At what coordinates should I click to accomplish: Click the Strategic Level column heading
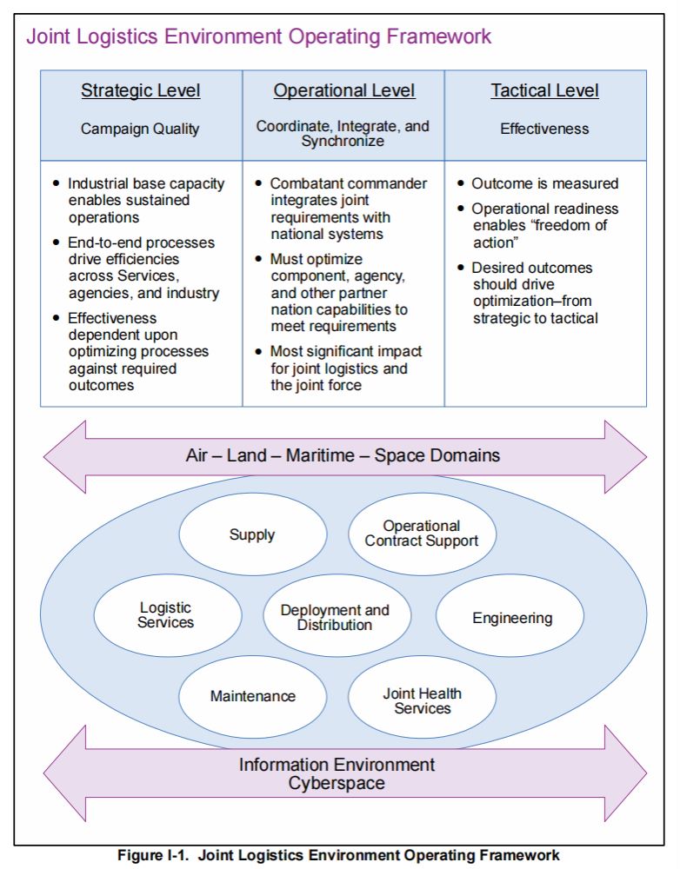click(141, 91)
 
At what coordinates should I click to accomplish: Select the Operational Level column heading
click(344, 91)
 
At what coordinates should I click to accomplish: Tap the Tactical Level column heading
click(544, 91)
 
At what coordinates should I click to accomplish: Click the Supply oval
click(252, 535)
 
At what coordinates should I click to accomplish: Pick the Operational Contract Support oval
click(422, 534)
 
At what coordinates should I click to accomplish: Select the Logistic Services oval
click(166, 615)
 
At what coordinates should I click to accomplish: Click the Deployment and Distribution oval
click(335, 618)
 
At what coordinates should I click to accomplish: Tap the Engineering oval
click(512, 619)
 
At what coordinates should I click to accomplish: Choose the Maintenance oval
click(252, 696)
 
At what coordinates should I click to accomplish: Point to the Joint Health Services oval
click(423, 700)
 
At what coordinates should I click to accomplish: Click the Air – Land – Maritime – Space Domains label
click(343, 455)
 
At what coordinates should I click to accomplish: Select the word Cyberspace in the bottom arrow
click(337, 783)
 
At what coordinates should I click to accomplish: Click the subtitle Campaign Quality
click(140, 129)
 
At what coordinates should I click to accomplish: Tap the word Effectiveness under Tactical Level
click(544, 129)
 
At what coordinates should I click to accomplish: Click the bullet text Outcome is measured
click(544, 183)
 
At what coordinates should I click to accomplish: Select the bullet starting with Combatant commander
click(348, 209)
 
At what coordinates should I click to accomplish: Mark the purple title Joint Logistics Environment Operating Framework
click(259, 36)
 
